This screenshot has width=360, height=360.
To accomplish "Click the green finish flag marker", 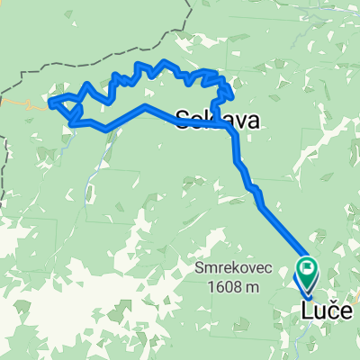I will click(308, 266).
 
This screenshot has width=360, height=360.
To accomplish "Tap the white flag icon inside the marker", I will click(308, 265).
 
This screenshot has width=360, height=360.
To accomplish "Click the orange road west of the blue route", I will click(22, 103).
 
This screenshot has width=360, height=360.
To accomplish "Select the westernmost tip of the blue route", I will click(49, 101).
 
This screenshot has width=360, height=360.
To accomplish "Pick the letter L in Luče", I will click(304, 311).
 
